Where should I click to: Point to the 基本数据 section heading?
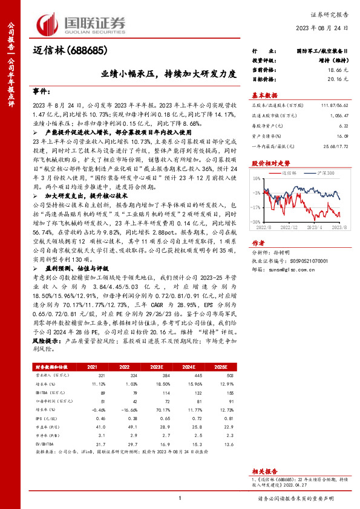click(264, 95)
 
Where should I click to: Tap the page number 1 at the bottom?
click(180, 498)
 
